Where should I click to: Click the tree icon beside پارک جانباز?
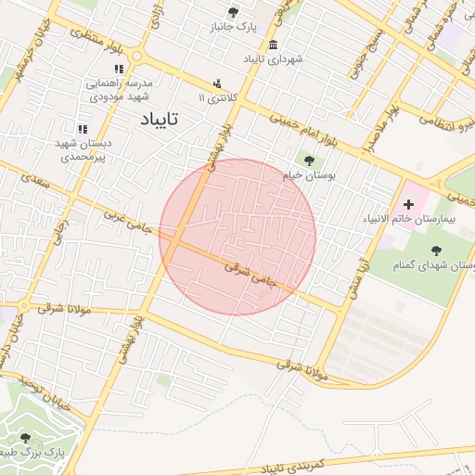(232, 12)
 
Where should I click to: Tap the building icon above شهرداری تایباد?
(272, 45)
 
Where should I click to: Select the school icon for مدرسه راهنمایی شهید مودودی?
(118, 69)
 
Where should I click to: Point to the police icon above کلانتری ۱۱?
(217, 82)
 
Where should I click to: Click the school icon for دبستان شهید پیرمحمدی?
(82, 129)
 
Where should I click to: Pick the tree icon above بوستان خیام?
(309, 160)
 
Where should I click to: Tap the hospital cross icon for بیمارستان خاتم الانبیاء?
(409, 203)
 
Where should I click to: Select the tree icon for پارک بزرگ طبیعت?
(25, 437)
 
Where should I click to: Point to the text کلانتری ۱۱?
(219, 97)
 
